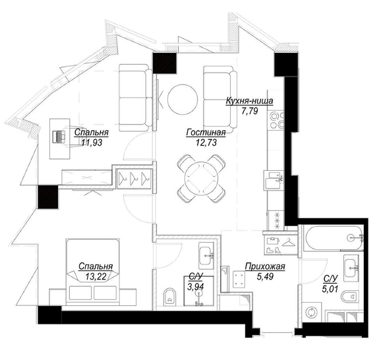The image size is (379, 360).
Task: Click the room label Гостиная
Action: [x=206, y=133]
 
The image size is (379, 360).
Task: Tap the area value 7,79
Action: [x=250, y=111]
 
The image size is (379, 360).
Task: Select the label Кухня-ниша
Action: [x=249, y=101]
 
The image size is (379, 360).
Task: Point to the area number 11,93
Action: [x=92, y=142]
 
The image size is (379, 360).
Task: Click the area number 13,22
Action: [x=96, y=276]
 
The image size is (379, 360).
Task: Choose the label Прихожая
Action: [x=265, y=266]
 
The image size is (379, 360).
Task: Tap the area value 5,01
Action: [x=330, y=289]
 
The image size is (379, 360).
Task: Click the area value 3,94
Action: [x=196, y=287]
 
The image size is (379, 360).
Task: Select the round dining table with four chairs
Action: [x=201, y=179]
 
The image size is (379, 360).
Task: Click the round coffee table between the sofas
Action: [x=183, y=99]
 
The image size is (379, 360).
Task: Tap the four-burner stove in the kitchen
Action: [x=277, y=120]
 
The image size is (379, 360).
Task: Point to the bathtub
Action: [x=335, y=237]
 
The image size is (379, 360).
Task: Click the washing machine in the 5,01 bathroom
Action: [x=312, y=312]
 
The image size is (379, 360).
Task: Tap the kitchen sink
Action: [x=274, y=180]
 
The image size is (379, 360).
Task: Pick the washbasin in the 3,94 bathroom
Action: [x=206, y=256]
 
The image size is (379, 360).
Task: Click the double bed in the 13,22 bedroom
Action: [x=93, y=272]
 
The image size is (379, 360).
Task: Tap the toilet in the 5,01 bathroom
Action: [x=350, y=296]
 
